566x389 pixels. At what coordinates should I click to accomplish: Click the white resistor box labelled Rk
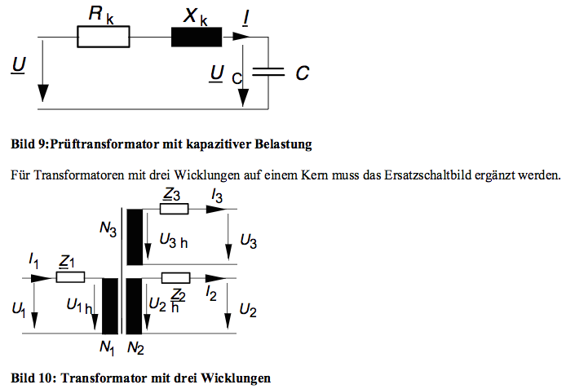point(104,37)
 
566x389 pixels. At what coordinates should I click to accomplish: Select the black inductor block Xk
point(197,37)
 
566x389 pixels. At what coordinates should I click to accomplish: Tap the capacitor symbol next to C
point(268,72)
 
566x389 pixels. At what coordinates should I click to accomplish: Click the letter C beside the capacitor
point(302,73)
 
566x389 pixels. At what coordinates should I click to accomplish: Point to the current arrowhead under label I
point(241,37)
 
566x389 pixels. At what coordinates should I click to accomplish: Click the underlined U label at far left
point(19,65)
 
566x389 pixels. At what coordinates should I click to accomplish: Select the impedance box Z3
point(174,209)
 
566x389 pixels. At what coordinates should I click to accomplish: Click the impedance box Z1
point(70,277)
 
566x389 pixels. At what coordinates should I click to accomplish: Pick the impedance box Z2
point(175,278)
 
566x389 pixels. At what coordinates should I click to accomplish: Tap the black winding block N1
point(110,306)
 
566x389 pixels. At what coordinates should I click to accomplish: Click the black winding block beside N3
point(135,237)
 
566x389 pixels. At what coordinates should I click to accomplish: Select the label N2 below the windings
point(135,348)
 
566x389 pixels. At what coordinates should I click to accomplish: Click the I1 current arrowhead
point(42,278)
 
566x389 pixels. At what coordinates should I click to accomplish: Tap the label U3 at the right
point(249,241)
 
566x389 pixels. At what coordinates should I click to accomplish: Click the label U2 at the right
point(248,310)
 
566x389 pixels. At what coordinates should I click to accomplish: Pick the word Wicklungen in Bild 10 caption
point(236,378)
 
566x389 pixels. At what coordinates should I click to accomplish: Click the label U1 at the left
point(19,310)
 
